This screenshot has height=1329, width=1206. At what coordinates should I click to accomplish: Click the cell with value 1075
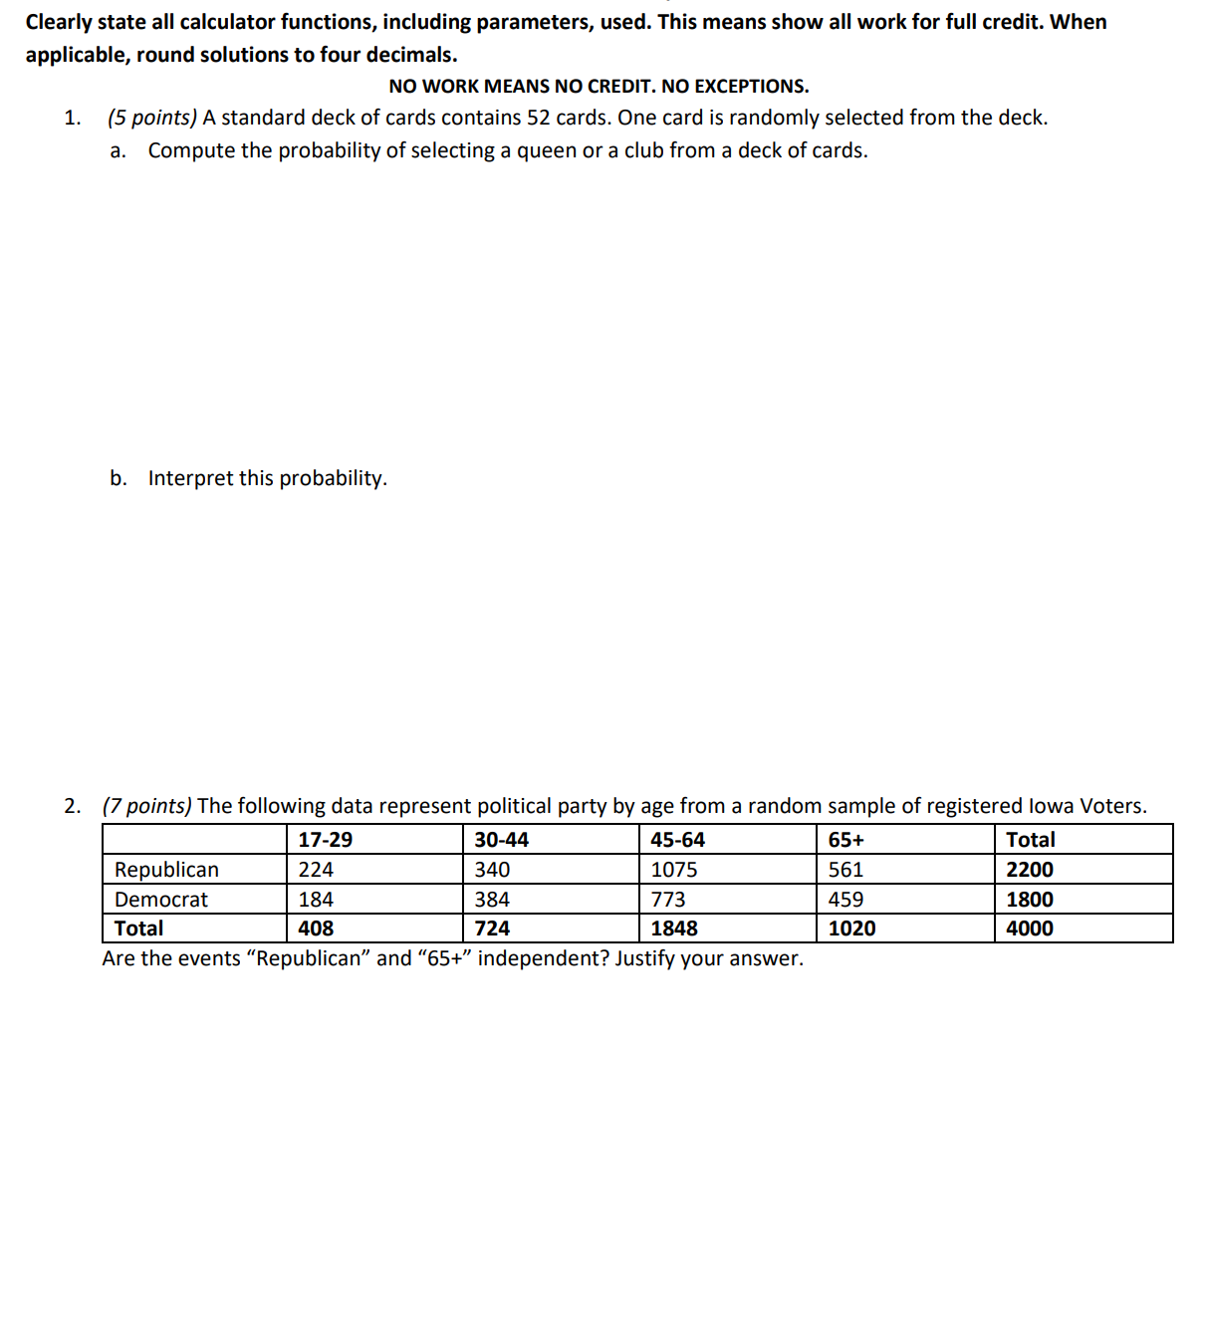point(674,870)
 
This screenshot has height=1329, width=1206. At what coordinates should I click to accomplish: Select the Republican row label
point(166,870)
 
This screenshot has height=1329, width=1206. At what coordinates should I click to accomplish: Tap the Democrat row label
point(161,900)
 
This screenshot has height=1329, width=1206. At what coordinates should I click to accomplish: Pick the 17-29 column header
point(326,840)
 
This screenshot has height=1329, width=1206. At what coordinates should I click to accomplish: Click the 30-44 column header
point(502,840)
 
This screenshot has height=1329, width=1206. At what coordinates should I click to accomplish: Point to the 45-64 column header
point(678,840)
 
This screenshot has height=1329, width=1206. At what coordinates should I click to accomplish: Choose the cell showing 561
point(846,870)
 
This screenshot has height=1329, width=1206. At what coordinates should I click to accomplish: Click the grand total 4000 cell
point(1030,929)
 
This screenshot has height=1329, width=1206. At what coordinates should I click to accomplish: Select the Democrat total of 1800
point(1030,900)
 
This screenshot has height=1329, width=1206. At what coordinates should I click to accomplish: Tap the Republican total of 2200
point(1030,870)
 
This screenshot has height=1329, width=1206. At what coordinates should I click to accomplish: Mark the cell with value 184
point(316,900)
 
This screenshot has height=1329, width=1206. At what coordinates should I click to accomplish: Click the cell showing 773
point(668,900)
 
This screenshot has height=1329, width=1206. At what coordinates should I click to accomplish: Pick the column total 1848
point(674,929)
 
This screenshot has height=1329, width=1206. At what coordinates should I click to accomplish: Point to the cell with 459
point(846,900)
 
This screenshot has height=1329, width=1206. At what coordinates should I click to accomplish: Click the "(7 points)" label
point(147,806)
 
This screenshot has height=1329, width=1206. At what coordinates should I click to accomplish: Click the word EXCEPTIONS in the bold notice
point(751,87)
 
